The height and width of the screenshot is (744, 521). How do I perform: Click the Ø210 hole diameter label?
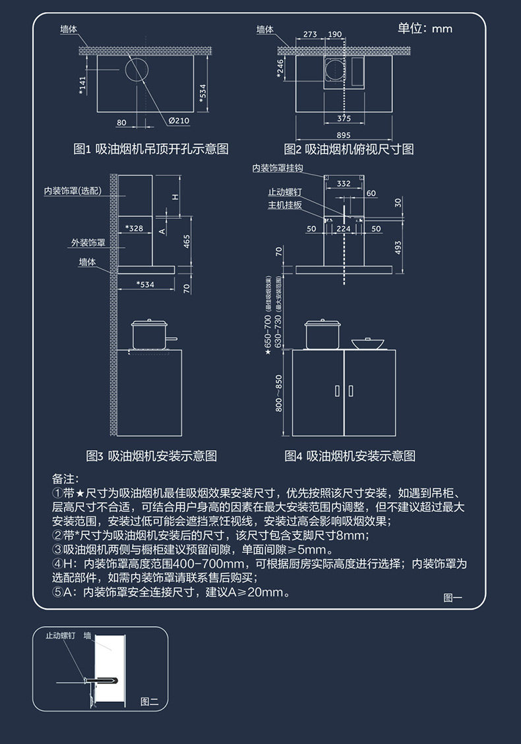click(x=179, y=121)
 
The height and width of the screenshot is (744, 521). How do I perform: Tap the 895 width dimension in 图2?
click(x=344, y=135)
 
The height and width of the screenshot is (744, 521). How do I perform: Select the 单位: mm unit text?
click(x=425, y=28)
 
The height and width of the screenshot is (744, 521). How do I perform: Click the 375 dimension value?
click(x=344, y=119)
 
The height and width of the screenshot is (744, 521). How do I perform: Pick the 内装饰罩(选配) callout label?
click(x=73, y=191)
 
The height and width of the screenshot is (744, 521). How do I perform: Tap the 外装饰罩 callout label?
click(x=88, y=243)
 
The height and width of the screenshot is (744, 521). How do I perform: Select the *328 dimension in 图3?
click(x=134, y=228)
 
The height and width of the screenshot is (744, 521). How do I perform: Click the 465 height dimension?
click(x=187, y=242)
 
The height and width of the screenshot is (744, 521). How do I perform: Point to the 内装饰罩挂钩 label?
click(x=278, y=168)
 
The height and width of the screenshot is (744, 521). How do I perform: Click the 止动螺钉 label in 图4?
click(x=285, y=192)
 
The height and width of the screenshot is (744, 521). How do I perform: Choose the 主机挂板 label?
click(x=285, y=205)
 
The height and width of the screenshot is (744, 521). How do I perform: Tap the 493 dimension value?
click(x=398, y=247)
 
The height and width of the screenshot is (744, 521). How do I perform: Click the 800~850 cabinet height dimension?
click(x=278, y=393)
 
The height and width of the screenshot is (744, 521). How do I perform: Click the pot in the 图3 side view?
click(x=150, y=334)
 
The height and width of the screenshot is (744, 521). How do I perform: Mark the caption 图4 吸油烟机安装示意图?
click(x=350, y=456)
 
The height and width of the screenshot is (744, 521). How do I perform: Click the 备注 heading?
click(x=65, y=477)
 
